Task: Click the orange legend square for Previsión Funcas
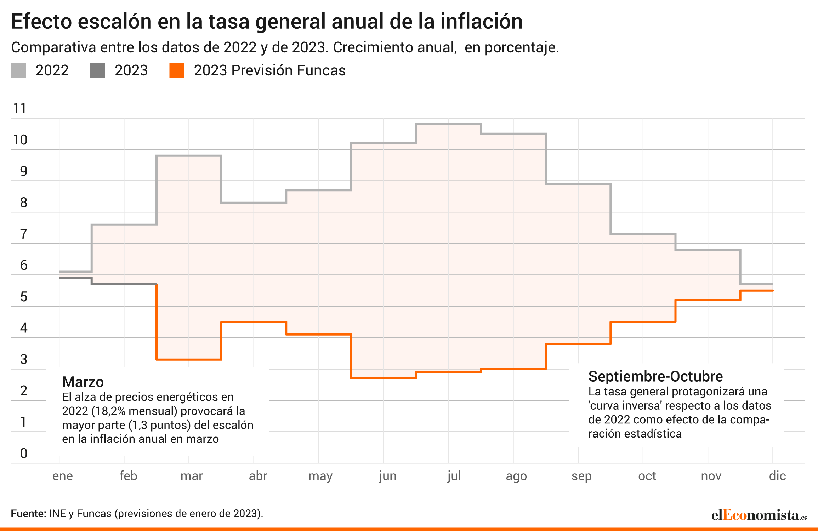pos(177,70)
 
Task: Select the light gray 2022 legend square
pos(18,70)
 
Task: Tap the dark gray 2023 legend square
pos(98,70)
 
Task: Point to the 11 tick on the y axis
pos(19,108)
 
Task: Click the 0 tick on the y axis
pos(24,453)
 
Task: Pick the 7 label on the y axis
pos(24,234)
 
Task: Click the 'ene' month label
pos(63,476)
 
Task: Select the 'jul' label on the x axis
pos(454,476)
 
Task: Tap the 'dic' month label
pos(777,476)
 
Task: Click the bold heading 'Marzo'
pos(83,382)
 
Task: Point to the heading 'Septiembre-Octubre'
pos(655,377)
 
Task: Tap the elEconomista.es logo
pos(759,515)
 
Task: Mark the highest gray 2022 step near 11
pos(448,124)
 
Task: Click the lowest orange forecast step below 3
pos(384,378)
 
